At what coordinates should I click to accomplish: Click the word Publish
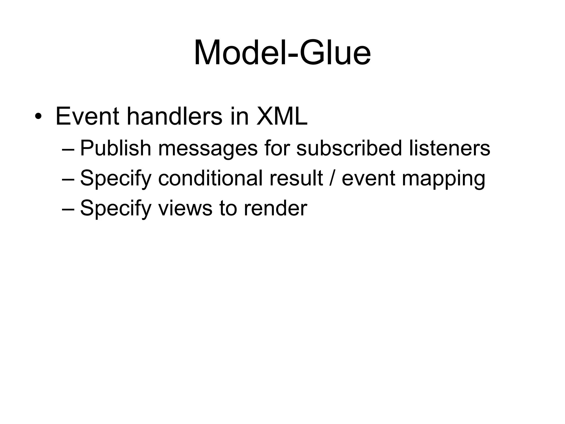[x=115, y=148]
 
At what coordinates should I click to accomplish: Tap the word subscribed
[x=349, y=148]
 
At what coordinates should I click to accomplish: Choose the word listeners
[x=449, y=148]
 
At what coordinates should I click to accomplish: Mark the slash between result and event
[x=332, y=178]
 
